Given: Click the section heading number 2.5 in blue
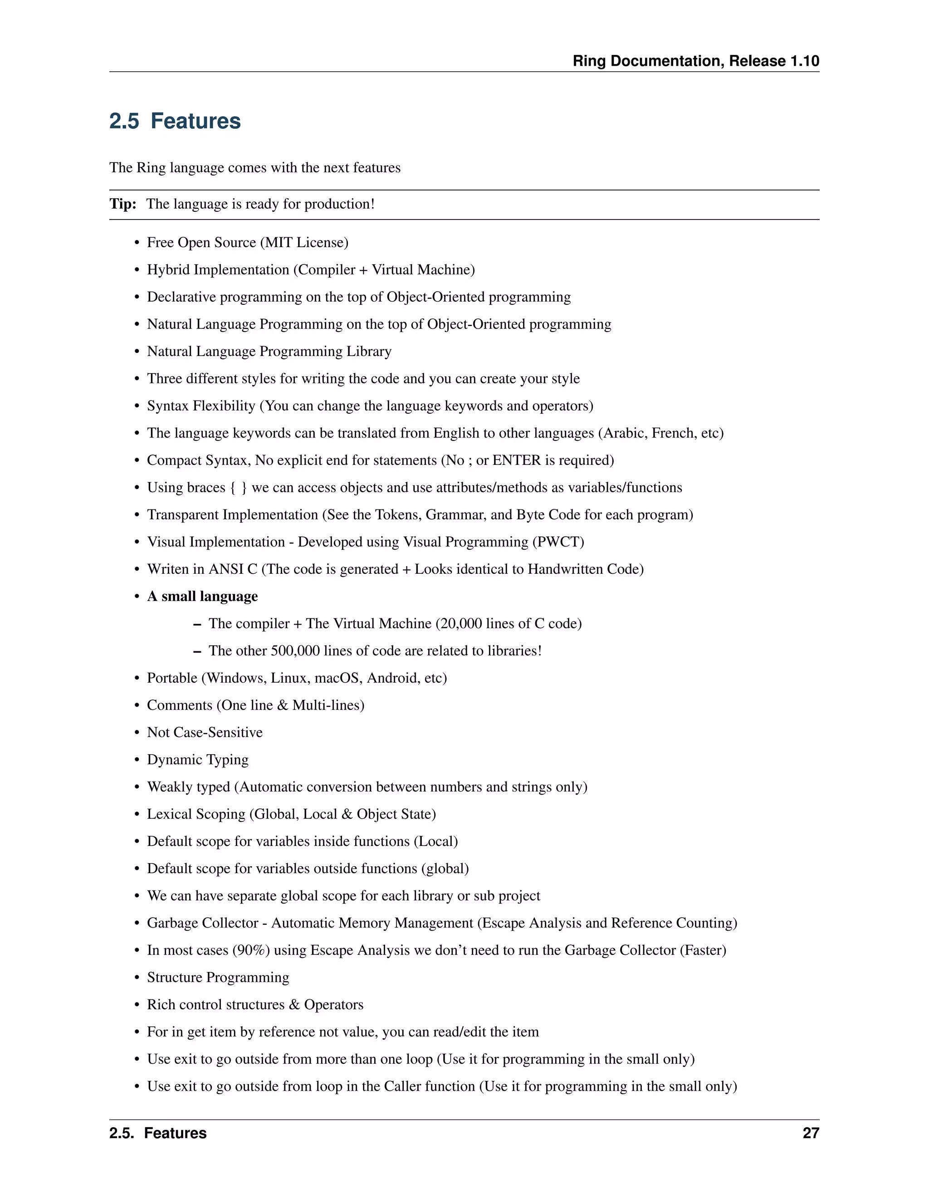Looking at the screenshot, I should [124, 121].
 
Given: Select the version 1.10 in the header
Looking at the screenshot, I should [805, 61].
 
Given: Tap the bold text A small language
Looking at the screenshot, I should [202, 596].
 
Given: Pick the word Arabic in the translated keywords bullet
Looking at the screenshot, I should [625, 433].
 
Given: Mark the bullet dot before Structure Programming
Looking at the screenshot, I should [137, 978].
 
